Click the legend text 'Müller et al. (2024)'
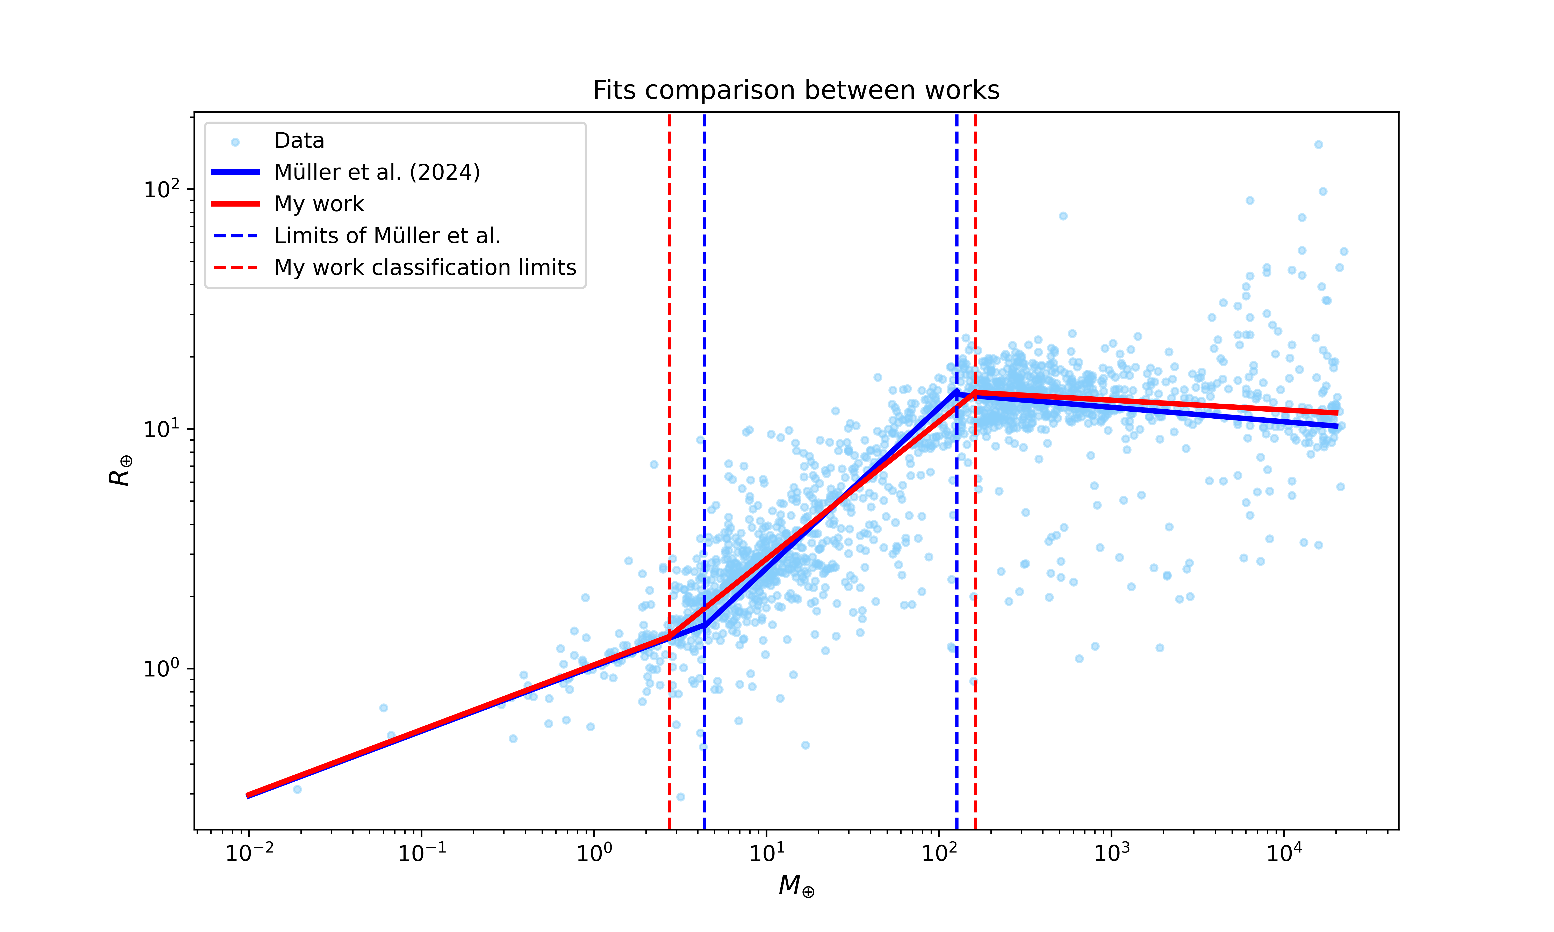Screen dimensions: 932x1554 377,172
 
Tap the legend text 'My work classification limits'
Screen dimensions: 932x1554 425,267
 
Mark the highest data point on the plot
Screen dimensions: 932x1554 1319,144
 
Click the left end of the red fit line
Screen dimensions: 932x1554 248,795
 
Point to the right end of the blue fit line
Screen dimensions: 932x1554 1337,426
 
